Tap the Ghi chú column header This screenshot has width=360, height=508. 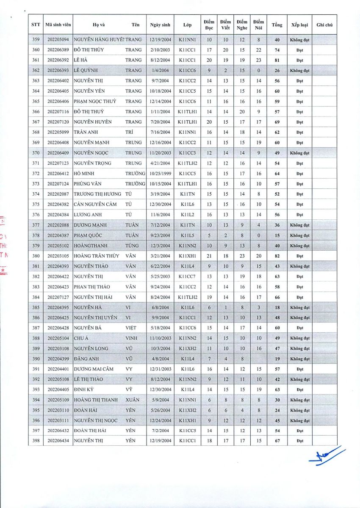(x=324, y=25)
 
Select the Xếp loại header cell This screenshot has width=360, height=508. (x=299, y=25)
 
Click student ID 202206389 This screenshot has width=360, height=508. (x=58, y=50)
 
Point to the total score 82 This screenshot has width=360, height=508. (x=277, y=256)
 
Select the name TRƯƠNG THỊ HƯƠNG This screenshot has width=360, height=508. (x=97, y=194)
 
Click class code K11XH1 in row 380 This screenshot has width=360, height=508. (x=187, y=256)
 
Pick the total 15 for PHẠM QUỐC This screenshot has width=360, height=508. (x=277, y=235)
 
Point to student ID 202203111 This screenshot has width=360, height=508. (x=58, y=421)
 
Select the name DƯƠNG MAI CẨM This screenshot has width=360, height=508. (x=94, y=369)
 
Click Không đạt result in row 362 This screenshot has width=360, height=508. (x=299, y=71)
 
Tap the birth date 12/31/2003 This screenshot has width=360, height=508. (x=160, y=369)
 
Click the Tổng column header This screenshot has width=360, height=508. (x=277, y=25)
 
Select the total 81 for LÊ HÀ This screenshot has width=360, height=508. (x=277, y=60)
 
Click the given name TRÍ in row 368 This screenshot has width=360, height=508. (x=129, y=133)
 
